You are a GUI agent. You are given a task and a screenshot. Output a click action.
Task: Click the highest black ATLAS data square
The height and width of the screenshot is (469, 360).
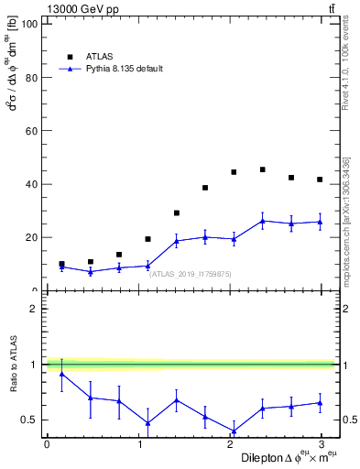262,169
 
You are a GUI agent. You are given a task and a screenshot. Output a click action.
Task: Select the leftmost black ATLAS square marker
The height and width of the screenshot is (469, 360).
61,264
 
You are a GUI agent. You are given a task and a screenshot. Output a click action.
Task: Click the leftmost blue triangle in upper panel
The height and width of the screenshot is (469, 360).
61,267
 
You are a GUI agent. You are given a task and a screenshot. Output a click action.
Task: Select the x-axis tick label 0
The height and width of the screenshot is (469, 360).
47,444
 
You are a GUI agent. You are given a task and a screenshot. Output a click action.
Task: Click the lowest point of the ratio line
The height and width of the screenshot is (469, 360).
234,431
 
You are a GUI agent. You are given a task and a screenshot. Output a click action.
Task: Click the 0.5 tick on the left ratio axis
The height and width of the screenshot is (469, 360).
31,420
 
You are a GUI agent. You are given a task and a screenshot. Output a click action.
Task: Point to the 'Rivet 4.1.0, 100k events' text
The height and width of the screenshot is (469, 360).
346,69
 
